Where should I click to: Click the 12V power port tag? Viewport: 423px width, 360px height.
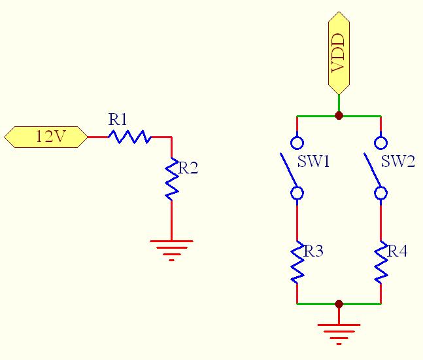45,137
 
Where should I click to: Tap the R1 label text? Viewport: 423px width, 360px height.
118,120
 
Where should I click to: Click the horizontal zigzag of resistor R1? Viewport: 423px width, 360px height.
129,137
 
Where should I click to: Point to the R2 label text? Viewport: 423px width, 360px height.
188,168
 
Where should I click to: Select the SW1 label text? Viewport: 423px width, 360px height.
314,162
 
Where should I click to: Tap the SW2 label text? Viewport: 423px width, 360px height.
398,162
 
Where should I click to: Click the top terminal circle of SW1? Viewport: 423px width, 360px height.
297,143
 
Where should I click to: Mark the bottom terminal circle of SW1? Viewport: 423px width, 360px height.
297,193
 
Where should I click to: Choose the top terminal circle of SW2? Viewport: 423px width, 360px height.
381,143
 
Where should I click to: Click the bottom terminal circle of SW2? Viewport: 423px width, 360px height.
381,193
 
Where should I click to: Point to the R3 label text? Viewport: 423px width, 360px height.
314,251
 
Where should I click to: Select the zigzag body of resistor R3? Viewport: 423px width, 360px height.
297,262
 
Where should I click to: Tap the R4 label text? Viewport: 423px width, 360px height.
398,251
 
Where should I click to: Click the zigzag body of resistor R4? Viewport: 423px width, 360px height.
381,262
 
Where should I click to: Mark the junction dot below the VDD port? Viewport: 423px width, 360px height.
339,116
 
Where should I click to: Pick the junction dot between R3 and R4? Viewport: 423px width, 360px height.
339,304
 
